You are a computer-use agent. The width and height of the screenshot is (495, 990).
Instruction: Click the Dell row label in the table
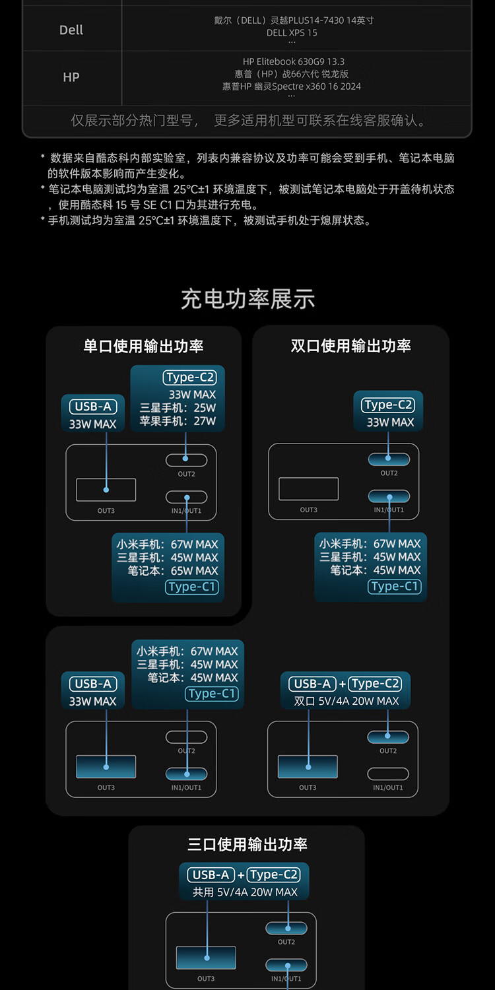(71, 30)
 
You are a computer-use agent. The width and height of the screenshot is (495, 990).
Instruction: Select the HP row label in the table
(71, 77)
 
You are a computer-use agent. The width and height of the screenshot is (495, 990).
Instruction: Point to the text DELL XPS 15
(292, 32)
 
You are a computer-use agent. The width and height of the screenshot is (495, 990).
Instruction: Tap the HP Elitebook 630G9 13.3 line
(294, 61)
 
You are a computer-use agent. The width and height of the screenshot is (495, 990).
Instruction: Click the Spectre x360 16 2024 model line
(292, 86)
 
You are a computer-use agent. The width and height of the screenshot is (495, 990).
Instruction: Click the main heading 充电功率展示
(247, 299)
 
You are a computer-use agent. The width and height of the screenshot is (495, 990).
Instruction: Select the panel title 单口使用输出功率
(143, 346)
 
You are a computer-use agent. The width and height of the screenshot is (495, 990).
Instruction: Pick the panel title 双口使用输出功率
(351, 346)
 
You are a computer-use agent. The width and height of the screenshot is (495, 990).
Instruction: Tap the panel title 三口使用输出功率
(247, 844)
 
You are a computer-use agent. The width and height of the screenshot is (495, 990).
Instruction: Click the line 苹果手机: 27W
(178, 421)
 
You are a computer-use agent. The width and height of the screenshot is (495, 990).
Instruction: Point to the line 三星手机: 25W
(178, 408)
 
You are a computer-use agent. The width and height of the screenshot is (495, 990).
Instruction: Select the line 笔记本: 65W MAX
(173, 571)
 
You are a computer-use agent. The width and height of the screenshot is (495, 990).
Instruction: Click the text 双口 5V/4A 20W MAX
(346, 701)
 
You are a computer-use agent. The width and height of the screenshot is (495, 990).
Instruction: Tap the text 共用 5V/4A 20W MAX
(245, 892)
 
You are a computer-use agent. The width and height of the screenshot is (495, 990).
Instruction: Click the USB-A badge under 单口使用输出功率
(93, 407)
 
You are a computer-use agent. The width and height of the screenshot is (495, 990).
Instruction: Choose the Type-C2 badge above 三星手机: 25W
(190, 378)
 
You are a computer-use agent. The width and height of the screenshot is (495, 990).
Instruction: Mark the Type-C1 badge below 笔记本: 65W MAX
(192, 587)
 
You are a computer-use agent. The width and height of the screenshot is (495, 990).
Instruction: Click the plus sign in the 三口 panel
(241, 875)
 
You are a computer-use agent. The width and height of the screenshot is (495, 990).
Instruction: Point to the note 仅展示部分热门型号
(132, 121)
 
